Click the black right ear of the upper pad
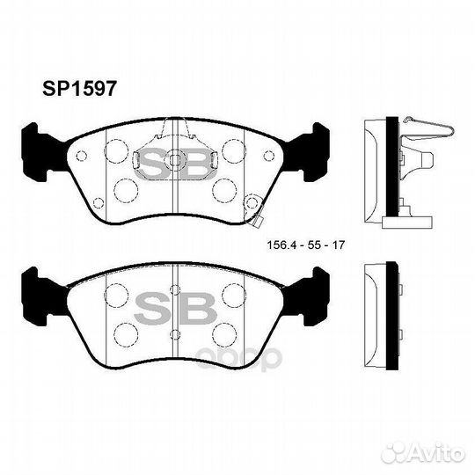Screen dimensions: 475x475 point(314,145)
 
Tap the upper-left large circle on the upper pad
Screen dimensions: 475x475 point(114,151)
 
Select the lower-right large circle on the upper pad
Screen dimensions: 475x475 point(224,190)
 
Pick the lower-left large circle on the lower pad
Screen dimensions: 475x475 point(126,333)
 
